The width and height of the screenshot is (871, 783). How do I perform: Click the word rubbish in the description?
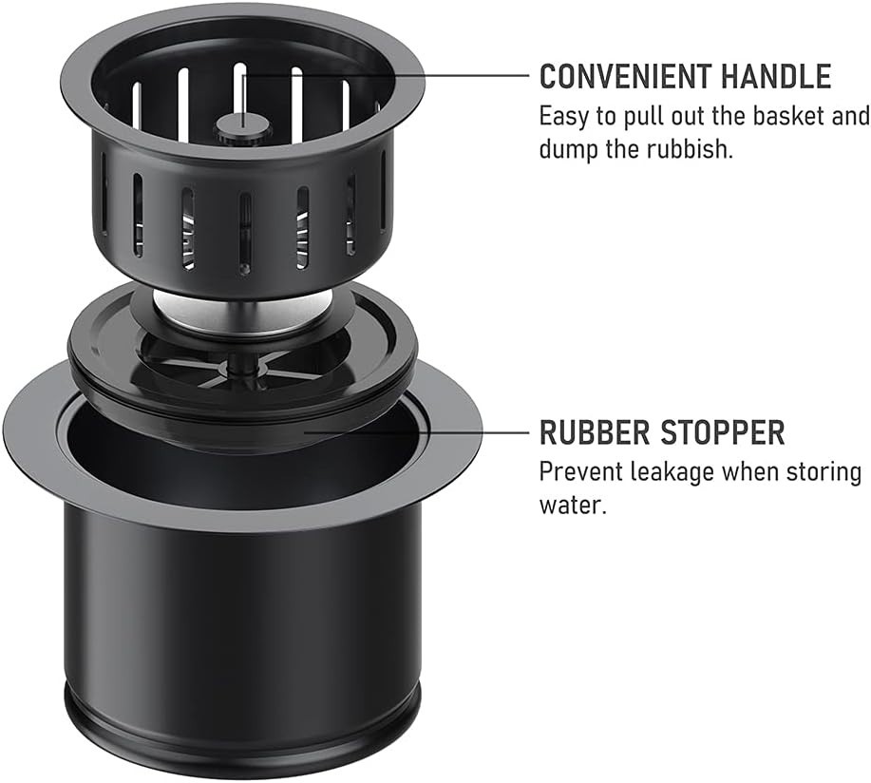tap(689, 149)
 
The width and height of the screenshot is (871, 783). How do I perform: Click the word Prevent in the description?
tap(576, 471)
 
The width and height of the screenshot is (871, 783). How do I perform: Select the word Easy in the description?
tap(560, 117)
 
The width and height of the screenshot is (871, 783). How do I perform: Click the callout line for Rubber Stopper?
tap(418, 431)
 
